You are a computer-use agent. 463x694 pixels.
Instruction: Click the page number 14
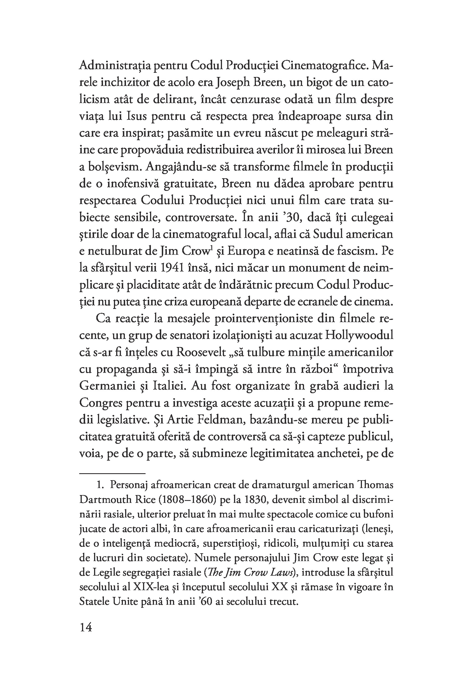click(x=86, y=627)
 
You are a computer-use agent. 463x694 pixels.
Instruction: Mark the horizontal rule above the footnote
click(x=112, y=473)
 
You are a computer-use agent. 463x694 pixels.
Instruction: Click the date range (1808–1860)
click(x=183, y=500)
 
